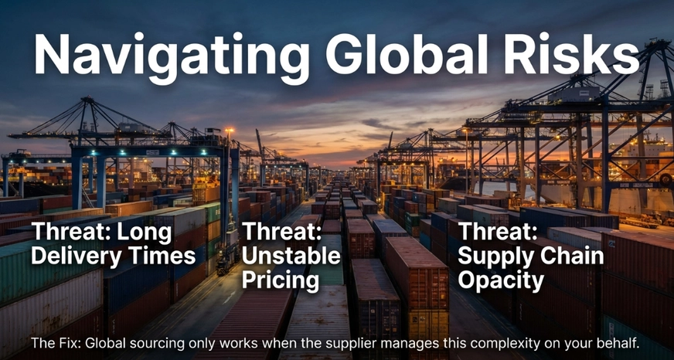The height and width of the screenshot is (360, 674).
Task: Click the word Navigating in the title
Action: click(172, 55)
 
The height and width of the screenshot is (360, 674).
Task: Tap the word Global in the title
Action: click(407, 53)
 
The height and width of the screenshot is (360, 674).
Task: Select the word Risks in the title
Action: click(572, 53)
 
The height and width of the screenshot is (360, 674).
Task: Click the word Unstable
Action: click(291, 256)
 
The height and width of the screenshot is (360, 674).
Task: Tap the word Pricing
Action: click(281, 281)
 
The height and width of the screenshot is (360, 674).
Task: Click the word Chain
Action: click(565, 256)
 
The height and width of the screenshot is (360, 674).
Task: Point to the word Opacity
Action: click(501, 281)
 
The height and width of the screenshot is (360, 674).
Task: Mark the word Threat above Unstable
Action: click(282, 233)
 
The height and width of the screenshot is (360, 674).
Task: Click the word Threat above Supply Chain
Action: click(498, 233)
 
